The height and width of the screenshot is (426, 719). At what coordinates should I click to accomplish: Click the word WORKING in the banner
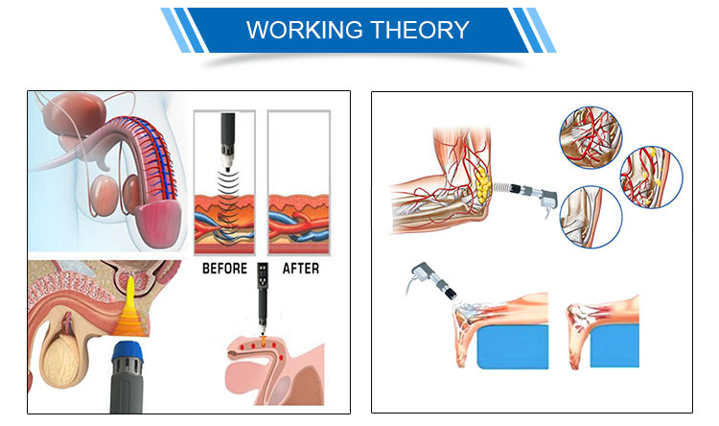tap(305, 30)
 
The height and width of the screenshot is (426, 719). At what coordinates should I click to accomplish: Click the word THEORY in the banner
tap(420, 30)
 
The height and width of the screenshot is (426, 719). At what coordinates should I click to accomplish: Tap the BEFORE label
tap(224, 269)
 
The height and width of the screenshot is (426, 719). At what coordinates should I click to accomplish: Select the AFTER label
tap(300, 269)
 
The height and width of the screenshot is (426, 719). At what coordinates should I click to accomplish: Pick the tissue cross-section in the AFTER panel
tap(298, 224)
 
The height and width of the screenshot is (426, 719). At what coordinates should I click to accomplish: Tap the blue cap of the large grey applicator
tap(128, 351)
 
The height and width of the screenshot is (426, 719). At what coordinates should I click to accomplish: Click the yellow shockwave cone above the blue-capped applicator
tap(130, 308)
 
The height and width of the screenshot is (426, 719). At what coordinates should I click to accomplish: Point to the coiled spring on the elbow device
tap(501, 188)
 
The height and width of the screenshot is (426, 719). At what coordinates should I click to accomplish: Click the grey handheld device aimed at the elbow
tap(534, 195)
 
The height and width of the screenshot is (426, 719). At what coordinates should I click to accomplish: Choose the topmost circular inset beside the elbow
tap(591, 137)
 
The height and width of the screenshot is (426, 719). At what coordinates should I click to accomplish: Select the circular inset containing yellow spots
tap(651, 177)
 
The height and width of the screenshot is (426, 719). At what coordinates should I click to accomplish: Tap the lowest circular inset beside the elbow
tap(591, 217)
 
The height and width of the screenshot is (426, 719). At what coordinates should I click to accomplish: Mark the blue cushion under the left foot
tap(513, 346)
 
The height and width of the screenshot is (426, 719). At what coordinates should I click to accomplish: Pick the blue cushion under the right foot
tap(615, 345)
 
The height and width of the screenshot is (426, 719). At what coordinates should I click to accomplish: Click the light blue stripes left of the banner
tap(182, 30)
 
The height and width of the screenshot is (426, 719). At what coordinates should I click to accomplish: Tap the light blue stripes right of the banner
tap(535, 30)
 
